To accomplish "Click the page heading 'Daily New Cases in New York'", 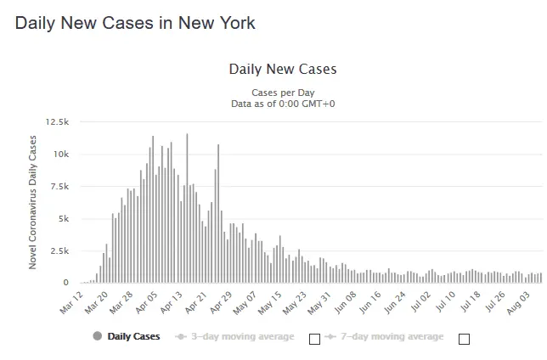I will pos(135,23).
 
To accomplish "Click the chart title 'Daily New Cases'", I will pos(283,69).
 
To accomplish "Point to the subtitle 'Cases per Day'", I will pos(283,93).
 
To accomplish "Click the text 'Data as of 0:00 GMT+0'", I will pos(283,104).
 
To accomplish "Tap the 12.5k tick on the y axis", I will pos(57,122).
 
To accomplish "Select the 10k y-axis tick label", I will pos(60,155).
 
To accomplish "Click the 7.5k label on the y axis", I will pos(59,187).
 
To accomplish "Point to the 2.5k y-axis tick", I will pos(59,250).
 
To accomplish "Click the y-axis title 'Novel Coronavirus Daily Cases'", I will pos(34,202).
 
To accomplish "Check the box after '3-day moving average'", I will pos(314,339).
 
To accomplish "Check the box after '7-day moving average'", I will pos(464,339).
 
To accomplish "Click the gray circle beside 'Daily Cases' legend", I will pos(97,337).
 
